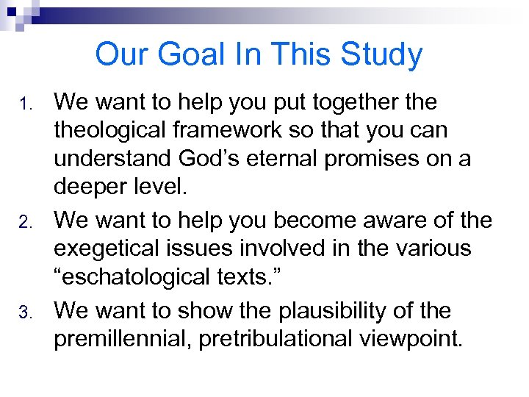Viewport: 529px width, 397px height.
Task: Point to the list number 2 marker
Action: tap(24, 221)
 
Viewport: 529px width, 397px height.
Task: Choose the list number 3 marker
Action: tap(24, 312)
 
